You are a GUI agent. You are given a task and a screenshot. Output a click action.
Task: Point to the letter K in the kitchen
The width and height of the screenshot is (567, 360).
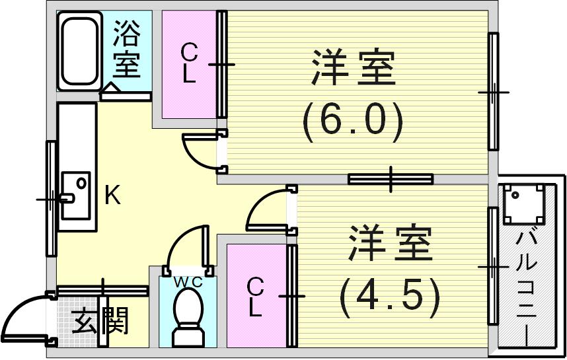112,196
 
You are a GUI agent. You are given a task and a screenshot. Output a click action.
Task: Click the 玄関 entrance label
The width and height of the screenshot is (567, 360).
100,324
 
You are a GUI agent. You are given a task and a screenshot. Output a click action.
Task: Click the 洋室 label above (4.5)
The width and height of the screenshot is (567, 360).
390,243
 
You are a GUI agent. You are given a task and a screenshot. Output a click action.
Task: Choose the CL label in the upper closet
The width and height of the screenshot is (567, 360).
189,63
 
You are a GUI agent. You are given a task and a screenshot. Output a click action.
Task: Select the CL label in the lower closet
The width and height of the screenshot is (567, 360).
255,297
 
